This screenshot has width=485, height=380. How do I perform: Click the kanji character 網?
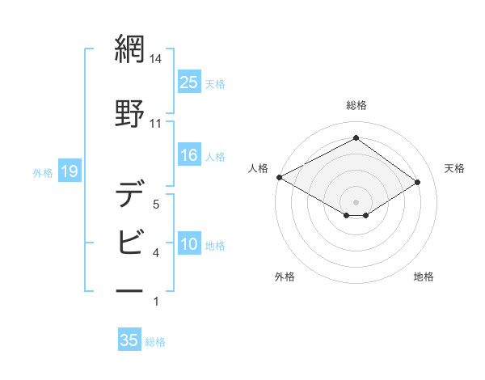tap(129, 51)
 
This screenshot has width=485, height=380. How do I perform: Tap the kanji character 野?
tap(129, 112)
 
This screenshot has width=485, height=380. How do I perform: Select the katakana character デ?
tap(129, 194)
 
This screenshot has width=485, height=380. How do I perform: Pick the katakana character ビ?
tap(129, 240)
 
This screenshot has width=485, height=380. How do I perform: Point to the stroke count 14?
tap(156, 59)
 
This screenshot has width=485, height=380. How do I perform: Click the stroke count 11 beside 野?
tap(155, 124)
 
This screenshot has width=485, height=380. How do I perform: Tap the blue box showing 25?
tap(189, 82)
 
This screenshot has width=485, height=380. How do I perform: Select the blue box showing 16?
tap(189, 155)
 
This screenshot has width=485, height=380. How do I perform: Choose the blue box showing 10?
tap(189, 245)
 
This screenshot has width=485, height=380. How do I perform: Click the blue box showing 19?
tap(69, 171)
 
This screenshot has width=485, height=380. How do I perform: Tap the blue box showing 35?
tap(129, 340)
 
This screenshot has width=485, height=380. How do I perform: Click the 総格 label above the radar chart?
tap(356, 105)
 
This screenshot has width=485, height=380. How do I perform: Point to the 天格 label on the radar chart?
tap(454, 168)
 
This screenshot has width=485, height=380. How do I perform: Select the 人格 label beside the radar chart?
tap(258, 168)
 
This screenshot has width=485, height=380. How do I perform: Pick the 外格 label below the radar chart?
tap(285, 277)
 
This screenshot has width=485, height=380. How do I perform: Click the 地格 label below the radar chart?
tap(424, 277)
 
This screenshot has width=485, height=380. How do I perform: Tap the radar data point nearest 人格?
tap(279, 177)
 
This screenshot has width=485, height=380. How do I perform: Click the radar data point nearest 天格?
tap(418, 182)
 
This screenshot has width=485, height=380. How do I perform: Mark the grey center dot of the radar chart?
tap(356, 201)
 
